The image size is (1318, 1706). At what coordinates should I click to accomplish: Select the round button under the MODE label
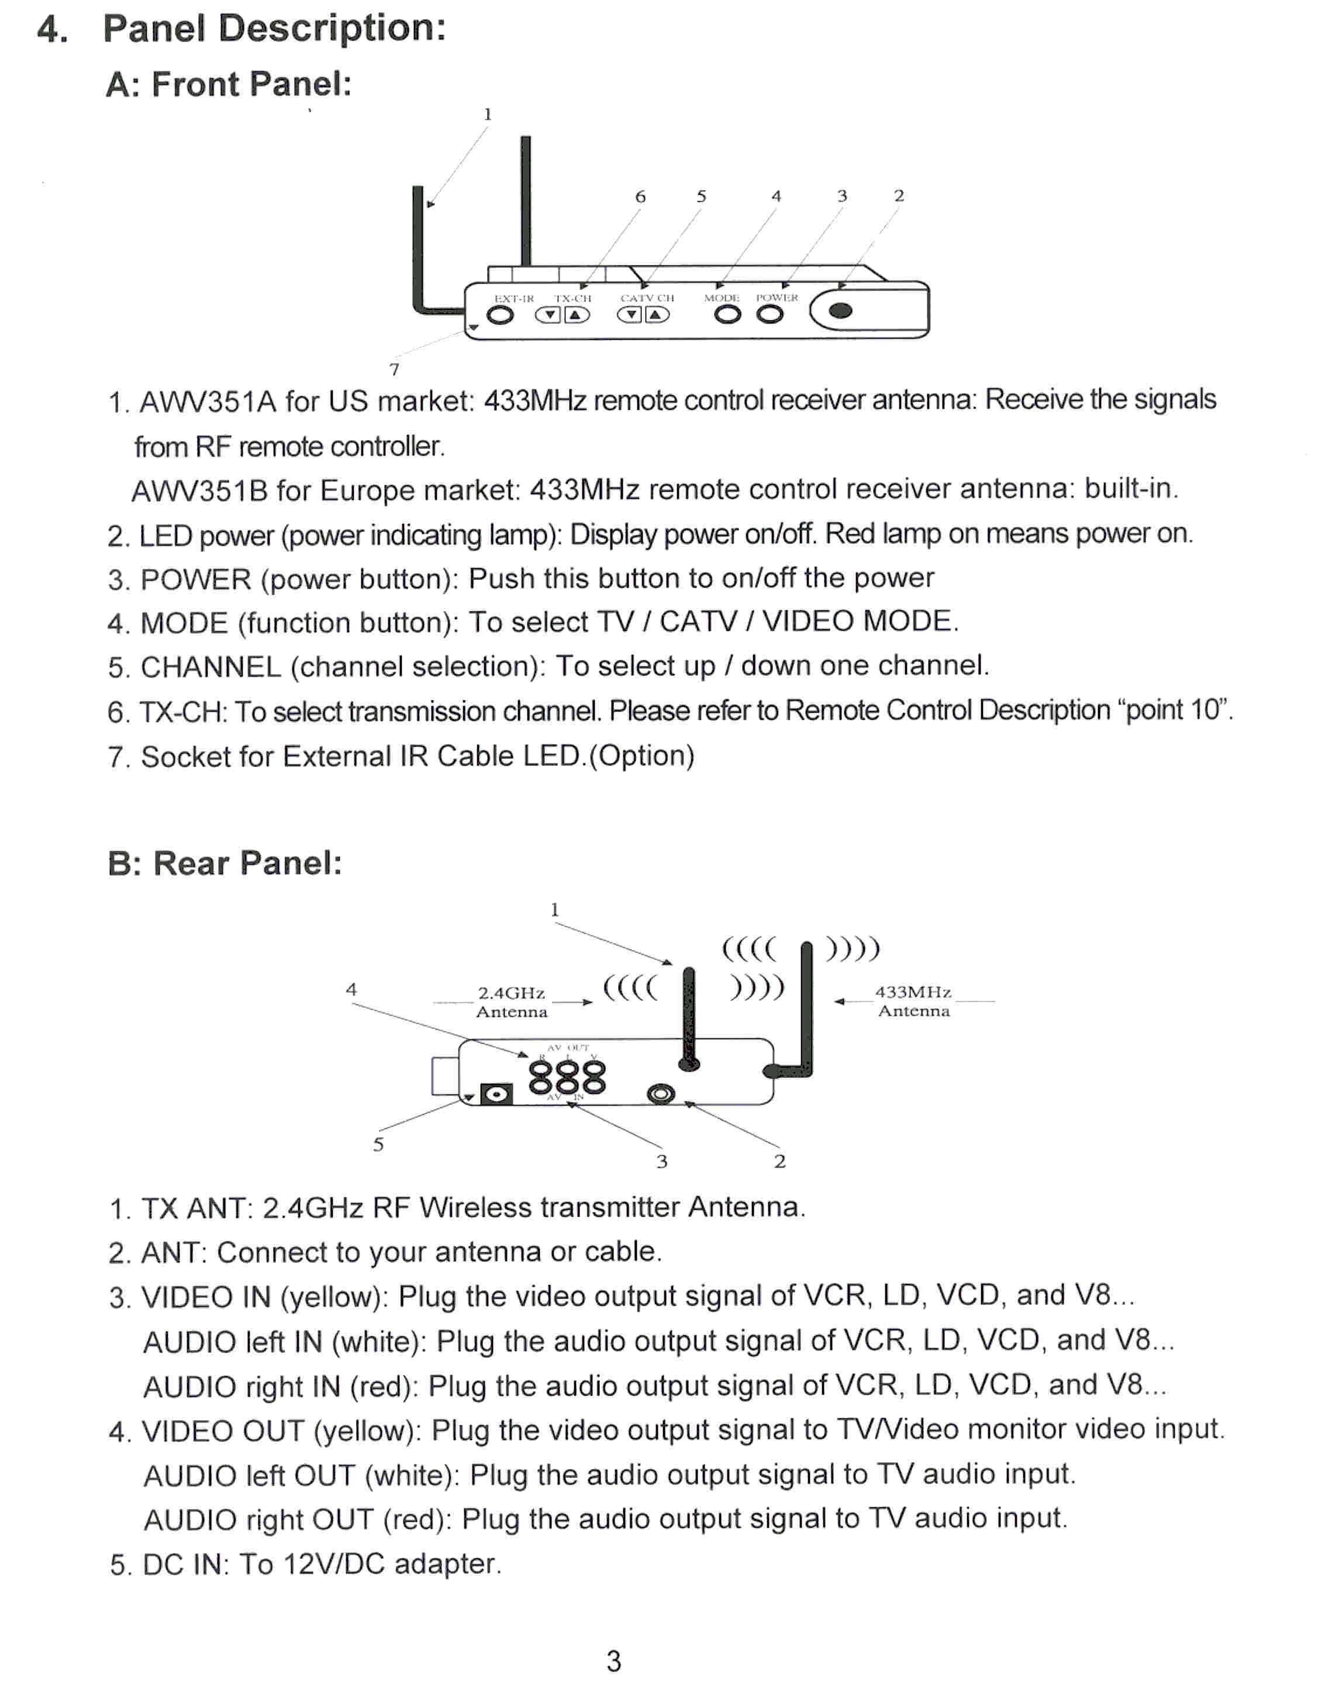pyautogui.click(x=727, y=314)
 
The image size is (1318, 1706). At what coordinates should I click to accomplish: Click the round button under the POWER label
pyautogui.click(x=770, y=314)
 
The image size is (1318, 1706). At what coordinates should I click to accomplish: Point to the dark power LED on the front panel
pyautogui.click(x=840, y=311)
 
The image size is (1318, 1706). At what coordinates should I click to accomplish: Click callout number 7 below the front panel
pyautogui.click(x=395, y=369)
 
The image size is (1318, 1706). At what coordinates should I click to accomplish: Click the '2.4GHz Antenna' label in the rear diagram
pyautogui.click(x=512, y=1002)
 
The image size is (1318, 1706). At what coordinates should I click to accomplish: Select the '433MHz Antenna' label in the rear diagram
pyautogui.click(x=913, y=1002)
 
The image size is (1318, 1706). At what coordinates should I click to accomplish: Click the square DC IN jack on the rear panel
pyautogui.click(x=495, y=1095)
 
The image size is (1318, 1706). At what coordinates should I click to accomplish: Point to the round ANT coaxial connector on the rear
pyautogui.click(x=661, y=1094)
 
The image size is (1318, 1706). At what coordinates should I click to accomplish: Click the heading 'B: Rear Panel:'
pyautogui.click(x=225, y=863)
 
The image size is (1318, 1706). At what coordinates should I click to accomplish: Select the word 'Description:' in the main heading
pyautogui.click(x=332, y=29)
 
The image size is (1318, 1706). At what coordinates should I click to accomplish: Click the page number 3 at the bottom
pyautogui.click(x=613, y=1662)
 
